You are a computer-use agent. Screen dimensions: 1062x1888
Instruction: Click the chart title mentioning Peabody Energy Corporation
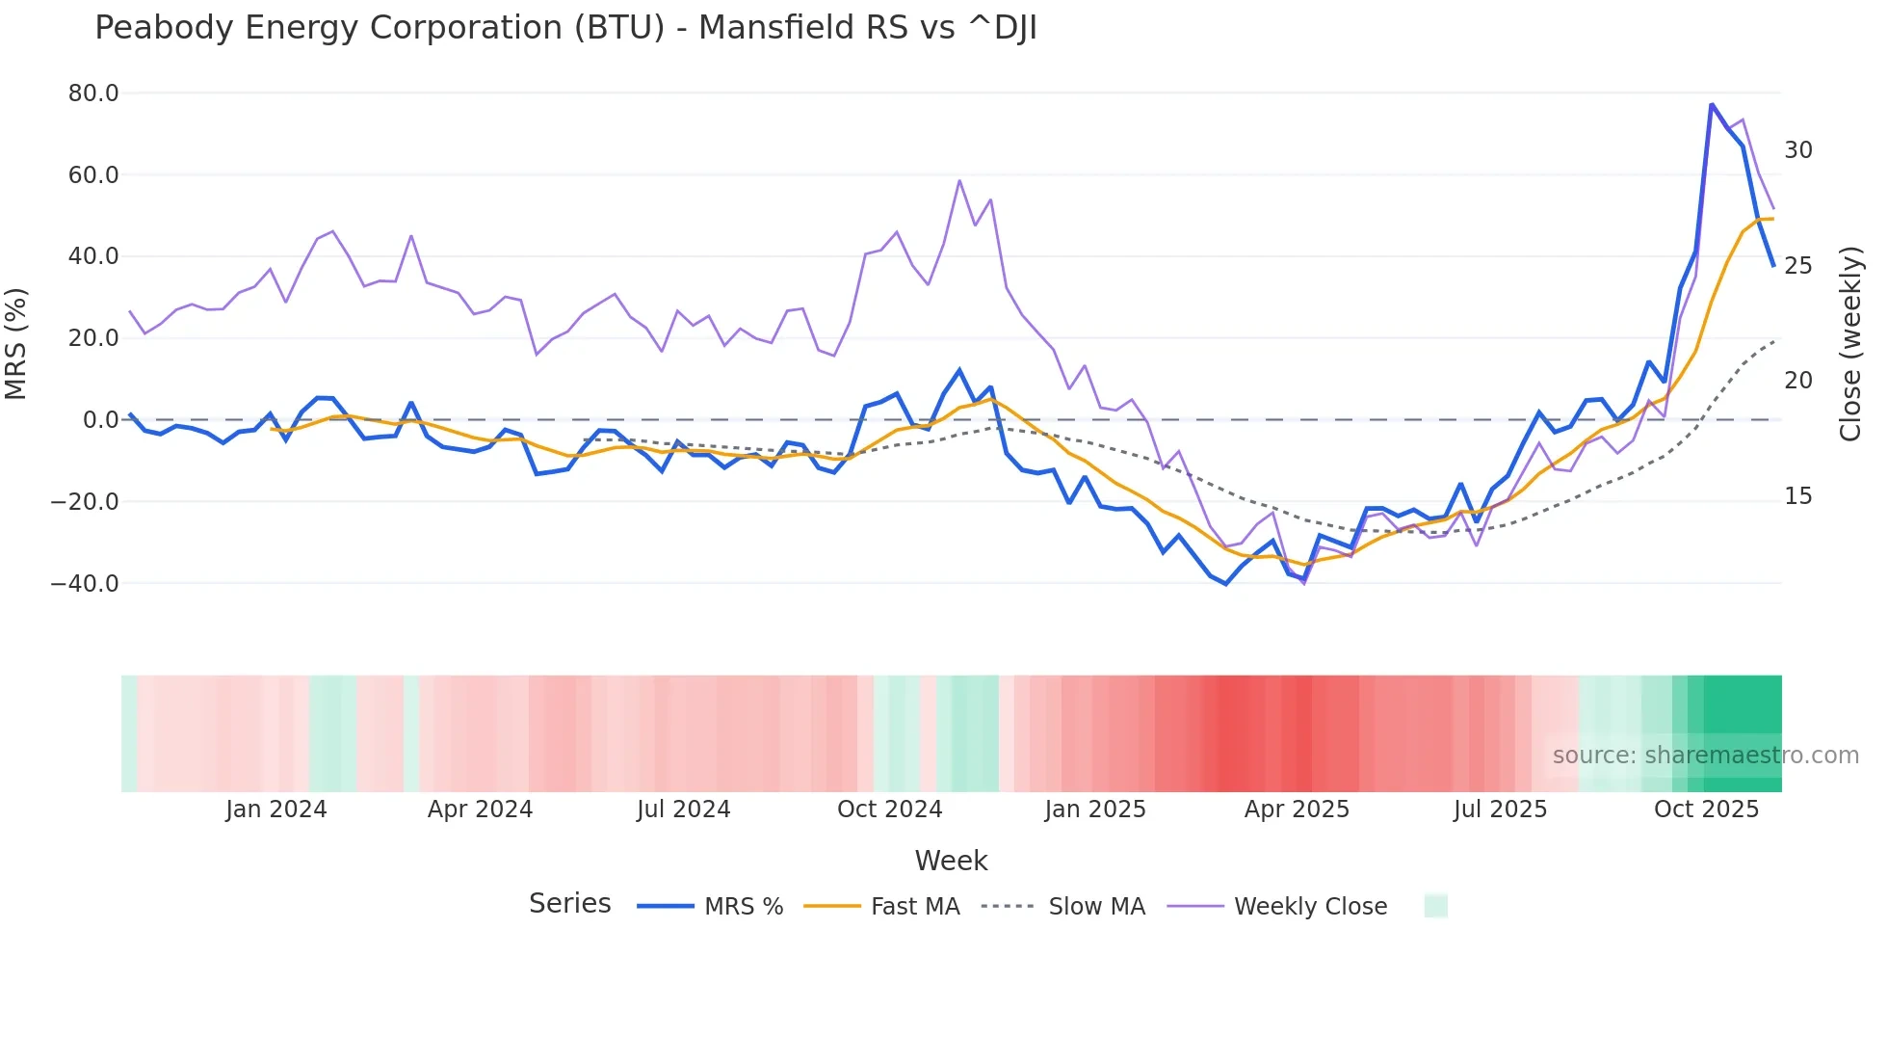pos(565,28)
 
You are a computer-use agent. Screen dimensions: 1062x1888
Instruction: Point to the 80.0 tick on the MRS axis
pos(93,93)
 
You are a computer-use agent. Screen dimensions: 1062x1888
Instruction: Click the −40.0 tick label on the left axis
pos(85,583)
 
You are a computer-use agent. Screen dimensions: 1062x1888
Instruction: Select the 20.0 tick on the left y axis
pos(93,338)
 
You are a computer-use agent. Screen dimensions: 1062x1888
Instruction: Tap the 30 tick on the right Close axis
pos(1797,150)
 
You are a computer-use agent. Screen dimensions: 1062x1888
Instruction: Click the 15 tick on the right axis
pos(1797,496)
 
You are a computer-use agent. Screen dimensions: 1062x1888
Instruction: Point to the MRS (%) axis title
pos(16,343)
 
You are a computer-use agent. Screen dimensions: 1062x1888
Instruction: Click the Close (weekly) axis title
pos(1850,344)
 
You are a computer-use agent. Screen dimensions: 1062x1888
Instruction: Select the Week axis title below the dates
pos(951,861)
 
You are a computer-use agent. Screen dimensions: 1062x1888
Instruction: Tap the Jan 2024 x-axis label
pos(276,810)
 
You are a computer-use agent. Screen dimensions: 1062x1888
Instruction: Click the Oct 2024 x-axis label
pos(889,810)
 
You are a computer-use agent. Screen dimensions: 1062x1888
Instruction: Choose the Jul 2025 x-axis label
pos(1500,810)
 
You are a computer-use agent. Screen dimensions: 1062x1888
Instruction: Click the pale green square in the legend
pos(1435,906)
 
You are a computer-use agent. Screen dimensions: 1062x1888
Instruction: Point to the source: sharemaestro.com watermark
pos(1705,756)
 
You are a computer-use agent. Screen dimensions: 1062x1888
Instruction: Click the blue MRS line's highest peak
pos(1712,104)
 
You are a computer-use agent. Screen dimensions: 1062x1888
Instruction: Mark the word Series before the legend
pos(569,904)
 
